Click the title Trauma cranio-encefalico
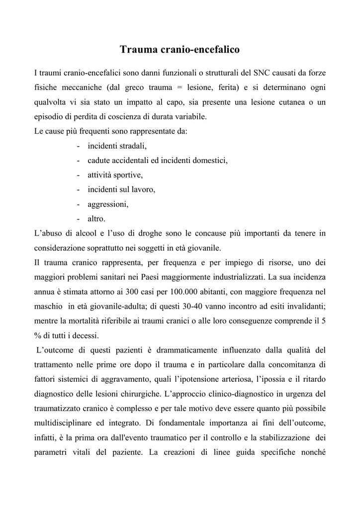(180, 50)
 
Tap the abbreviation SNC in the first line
(262, 73)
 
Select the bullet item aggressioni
(108, 204)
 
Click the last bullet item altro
(96, 219)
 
